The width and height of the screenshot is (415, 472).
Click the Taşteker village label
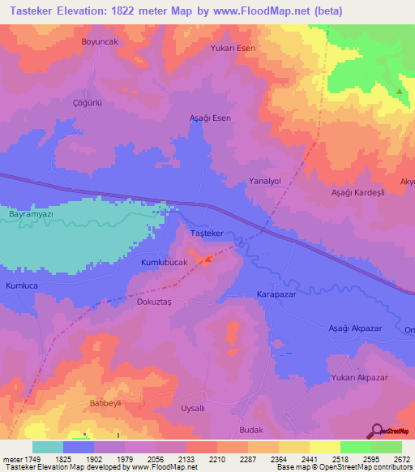click(x=206, y=233)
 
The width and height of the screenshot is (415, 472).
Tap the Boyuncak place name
click(x=100, y=41)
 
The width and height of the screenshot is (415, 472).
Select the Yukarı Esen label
click(x=233, y=48)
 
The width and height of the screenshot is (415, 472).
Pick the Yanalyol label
click(x=264, y=182)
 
